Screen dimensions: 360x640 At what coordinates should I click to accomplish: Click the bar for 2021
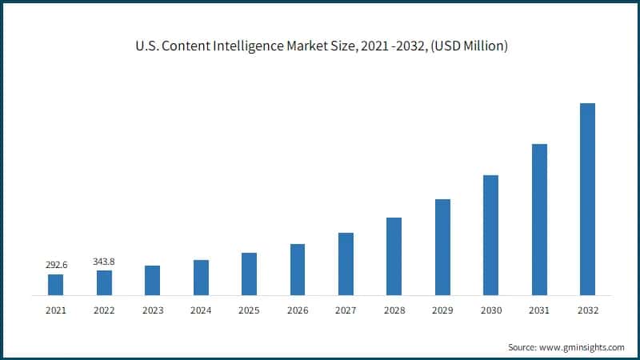(x=55, y=285)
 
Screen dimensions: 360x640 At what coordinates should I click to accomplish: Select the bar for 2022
(x=104, y=283)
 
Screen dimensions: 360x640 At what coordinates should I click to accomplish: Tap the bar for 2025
(x=249, y=274)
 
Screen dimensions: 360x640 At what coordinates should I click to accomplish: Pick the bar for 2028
(x=394, y=256)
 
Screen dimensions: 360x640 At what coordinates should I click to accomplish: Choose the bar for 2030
(x=490, y=235)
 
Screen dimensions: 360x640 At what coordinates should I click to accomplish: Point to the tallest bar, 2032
(x=587, y=199)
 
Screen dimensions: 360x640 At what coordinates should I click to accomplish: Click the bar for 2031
(x=539, y=220)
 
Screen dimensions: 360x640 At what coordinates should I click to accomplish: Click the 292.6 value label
(x=55, y=264)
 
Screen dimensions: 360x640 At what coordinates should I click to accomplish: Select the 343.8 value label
(x=104, y=261)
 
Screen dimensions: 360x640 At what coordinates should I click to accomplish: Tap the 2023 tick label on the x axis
(x=152, y=310)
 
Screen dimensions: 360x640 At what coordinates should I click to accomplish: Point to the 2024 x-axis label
(x=201, y=310)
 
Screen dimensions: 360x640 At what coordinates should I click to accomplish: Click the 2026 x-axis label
(x=297, y=310)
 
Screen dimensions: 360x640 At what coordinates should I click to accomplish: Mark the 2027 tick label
(x=346, y=310)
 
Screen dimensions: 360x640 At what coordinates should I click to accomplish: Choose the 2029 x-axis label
(x=442, y=310)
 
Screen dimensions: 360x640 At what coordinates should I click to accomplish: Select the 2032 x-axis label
(x=587, y=310)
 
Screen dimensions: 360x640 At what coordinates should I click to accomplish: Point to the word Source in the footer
(x=521, y=347)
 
